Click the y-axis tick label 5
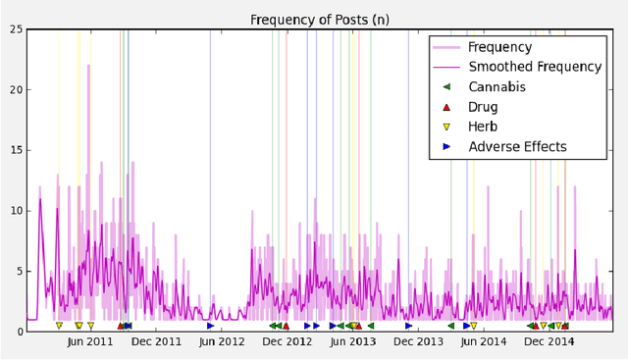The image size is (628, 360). (17, 272)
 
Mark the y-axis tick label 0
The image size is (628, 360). (17, 332)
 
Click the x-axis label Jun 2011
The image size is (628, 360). (90, 342)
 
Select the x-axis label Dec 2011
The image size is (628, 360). (156, 342)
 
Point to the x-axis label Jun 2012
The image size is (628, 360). (222, 342)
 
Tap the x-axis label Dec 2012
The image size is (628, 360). (288, 342)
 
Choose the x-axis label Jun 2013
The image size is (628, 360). (352, 342)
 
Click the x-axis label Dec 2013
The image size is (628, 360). (418, 342)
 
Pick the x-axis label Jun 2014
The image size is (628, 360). (483, 342)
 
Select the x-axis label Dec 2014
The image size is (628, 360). (549, 342)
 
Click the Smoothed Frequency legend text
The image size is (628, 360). (535, 67)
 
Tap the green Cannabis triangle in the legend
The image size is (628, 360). (446, 87)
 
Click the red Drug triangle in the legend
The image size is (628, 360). (446, 107)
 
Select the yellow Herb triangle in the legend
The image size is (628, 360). (446, 128)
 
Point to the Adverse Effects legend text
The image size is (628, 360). (517, 147)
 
